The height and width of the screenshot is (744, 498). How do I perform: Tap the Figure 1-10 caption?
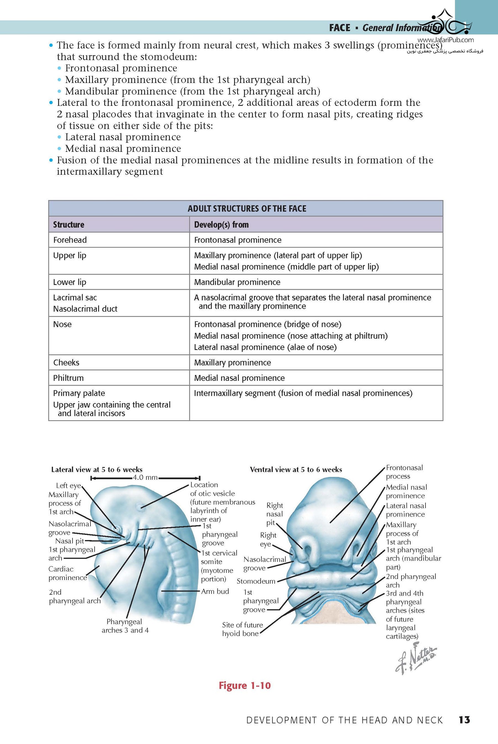tap(245, 685)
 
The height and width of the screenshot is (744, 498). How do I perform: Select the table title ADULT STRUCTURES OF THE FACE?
tap(247, 208)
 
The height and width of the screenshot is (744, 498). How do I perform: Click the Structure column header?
tap(69, 224)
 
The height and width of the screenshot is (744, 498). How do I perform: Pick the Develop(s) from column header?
tap(221, 224)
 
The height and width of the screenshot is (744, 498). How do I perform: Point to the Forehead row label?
tap(70, 240)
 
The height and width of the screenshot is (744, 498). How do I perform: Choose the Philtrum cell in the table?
tap(68, 378)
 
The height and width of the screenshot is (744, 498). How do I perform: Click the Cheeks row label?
tap(66, 362)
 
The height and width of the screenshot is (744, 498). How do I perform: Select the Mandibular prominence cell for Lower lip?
tap(237, 282)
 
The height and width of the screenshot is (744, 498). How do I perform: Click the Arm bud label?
tap(215, 591)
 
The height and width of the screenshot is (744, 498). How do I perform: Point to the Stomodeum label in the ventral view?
tap(256, 581)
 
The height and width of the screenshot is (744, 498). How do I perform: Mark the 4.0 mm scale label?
tap(145, 477)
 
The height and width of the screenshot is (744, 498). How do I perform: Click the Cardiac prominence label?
tap(67, 573)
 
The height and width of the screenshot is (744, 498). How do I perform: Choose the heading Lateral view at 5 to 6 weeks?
tap(97, 469)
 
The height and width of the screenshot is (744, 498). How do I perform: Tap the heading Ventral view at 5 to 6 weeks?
tap(296, 469)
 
